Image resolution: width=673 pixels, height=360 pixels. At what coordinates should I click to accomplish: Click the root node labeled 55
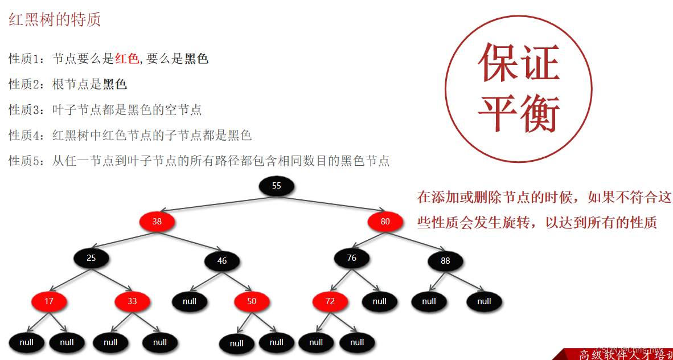(277, 186)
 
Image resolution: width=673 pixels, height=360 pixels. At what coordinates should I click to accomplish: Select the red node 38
(157, 222)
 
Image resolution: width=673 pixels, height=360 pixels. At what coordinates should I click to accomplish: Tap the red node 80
(385, 222)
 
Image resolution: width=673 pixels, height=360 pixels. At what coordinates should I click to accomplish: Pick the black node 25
(91, 258)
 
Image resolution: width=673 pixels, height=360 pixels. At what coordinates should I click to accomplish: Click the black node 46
(222, 261)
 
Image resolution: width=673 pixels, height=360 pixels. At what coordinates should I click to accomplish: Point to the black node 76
(352, 258)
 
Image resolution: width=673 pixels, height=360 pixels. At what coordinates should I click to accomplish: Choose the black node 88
(445, 261)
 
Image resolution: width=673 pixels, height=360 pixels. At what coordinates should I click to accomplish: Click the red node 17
(49, 301)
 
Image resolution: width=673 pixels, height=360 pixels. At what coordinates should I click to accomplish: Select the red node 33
(132, 301)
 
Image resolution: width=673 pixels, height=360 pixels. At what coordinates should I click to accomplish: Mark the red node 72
(330, 301)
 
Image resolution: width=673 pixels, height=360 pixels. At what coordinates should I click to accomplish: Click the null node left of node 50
(190, 301)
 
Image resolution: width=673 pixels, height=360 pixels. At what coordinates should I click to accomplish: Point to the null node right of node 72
(380, 301)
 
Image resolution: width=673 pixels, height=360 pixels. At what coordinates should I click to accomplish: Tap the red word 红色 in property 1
(126, 59)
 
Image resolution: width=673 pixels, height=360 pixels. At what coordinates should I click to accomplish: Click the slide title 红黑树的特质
(55, 21)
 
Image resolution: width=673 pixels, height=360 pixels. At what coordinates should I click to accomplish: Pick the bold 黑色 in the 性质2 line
(114, 84)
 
